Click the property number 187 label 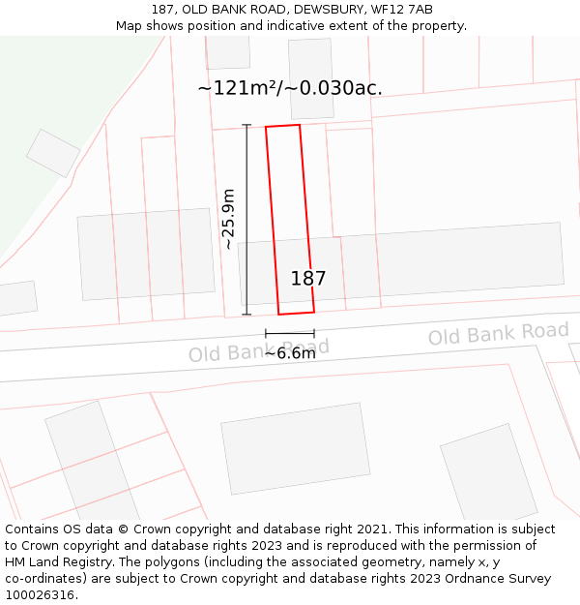(308, 279)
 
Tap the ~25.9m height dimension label (228, 220)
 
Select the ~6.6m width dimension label (290, 353)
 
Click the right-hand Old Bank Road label (499, 334)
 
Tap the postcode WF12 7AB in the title (400, 10)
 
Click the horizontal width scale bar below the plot (289, 334)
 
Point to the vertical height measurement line (246, 220)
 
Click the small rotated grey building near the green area (53, 153)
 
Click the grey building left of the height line (145, 253)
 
